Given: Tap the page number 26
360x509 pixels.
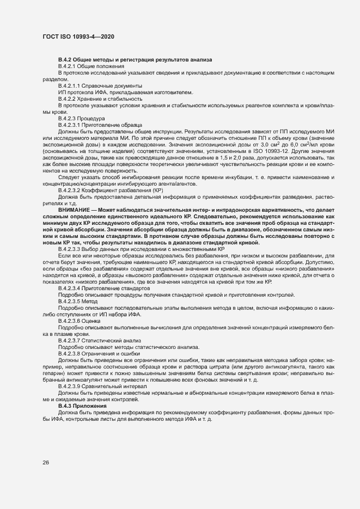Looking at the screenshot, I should (45, 463).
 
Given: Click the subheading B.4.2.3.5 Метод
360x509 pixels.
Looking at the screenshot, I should (78, 301).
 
